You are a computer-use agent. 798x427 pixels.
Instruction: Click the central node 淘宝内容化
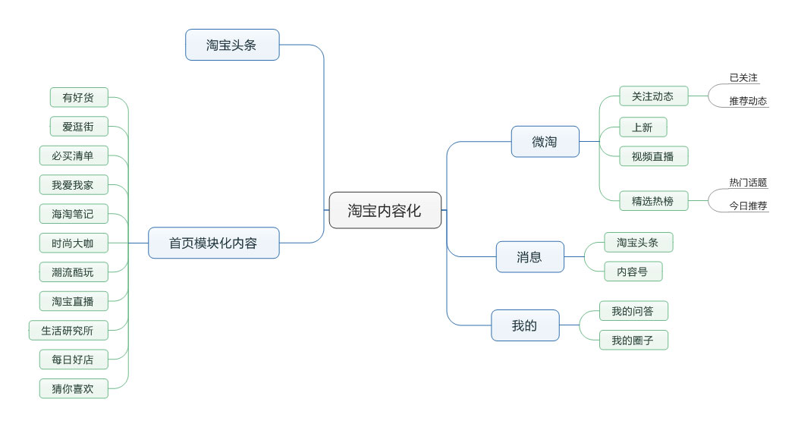[x=385, y=210]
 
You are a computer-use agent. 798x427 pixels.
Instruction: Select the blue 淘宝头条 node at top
[x=232, y=45]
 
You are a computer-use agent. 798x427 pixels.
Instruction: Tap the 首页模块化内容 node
[x=213, y=243]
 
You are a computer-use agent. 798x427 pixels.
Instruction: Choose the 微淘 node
[x=545, y=142]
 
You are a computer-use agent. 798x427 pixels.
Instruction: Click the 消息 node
[x=529, y=257]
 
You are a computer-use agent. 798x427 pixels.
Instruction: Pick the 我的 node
[x=524, y=325]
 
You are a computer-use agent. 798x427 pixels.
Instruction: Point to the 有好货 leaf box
[x=79, y=97]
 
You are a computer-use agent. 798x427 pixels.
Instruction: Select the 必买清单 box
[x=74, y=155]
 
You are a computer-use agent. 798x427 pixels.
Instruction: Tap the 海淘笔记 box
[x=74, y=214]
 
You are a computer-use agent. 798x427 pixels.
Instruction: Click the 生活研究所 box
[x=68, y=330]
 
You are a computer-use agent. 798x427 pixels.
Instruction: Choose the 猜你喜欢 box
[x=74, y=388]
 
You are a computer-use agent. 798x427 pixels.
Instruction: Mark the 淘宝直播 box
[x=74, y=301]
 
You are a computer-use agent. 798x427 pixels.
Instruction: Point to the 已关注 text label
[x=743, y=77]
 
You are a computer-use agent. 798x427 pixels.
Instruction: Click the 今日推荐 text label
[x=748, y=205]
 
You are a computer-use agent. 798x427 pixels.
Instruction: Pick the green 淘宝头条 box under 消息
[x=638, y=243]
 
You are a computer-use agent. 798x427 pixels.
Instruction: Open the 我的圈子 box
[x=633, y=341]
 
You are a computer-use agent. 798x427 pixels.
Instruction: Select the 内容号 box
[x=633, y=272]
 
